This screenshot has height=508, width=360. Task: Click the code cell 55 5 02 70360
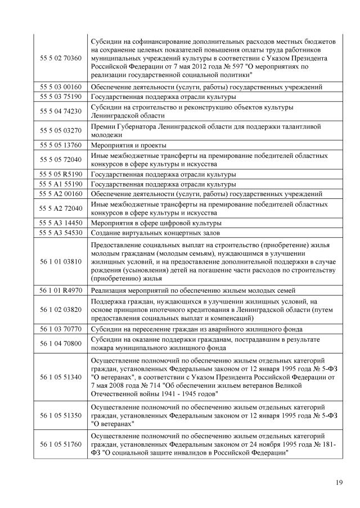[x=61, y=58]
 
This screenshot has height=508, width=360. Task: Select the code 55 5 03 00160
[x=61, y=87]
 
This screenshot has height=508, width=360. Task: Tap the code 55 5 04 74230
[x=61, y=111]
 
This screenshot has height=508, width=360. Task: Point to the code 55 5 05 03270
[x=61, y=130]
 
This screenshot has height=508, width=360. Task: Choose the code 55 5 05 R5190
[x=61, y=174]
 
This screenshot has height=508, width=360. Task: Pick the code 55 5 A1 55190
[x=61, y=184]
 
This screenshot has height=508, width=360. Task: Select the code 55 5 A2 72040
[x=61, y=208]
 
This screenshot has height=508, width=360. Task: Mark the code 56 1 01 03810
[x=61, y=261]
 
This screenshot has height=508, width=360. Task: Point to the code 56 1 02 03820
[x=61, y=309]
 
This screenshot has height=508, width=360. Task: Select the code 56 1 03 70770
[x=61, y=329]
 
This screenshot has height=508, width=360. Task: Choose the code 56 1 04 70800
[x=61, y=343]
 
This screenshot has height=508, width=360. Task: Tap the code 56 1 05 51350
[x=61, y=416]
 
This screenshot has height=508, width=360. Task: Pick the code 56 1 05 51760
[x=61, y=445]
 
